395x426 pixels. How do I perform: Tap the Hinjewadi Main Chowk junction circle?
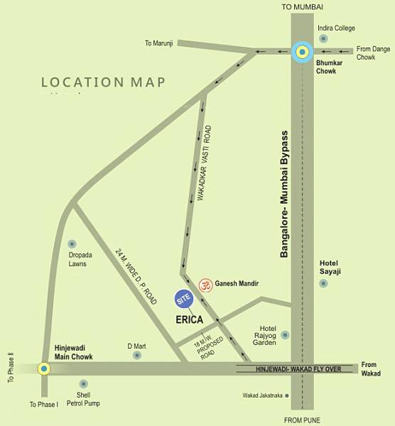click(44, 368)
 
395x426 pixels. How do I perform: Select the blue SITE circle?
click(185, 299)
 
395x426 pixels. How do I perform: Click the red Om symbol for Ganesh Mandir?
click(205, 284)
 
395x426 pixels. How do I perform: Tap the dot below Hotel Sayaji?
click(324, 283)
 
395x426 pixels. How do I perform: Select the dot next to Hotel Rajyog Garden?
click(285, 334)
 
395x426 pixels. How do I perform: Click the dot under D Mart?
click(137, 354)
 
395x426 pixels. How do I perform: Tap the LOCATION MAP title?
click(103, 82)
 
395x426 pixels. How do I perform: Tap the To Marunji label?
click(160, 43)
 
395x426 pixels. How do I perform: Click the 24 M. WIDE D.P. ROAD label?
click(136, 276)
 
